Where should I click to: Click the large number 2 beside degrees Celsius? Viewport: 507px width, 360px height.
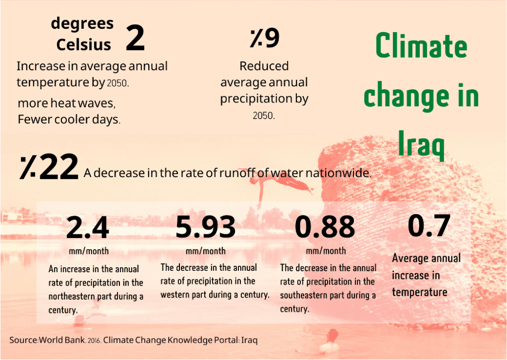tap(135, 39)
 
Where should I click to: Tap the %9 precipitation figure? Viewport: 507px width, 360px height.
tap(265, 38)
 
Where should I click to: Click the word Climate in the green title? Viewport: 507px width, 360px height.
tap(421, 46)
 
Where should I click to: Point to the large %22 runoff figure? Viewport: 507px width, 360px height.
tap(49, 167)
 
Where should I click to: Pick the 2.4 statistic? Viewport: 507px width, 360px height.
tap(87, 228)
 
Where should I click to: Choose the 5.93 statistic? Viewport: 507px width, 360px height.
tap(205, 227)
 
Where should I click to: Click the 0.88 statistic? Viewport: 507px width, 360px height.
tap(325, 227)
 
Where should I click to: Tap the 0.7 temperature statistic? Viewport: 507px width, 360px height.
tap(429, 226)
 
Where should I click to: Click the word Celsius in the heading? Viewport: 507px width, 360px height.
tap(83, 45)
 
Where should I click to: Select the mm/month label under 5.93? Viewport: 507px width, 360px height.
tap(205, 251)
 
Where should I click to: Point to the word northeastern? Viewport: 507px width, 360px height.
tap(72, 297)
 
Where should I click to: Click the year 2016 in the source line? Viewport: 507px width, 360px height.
tap(94, 341)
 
